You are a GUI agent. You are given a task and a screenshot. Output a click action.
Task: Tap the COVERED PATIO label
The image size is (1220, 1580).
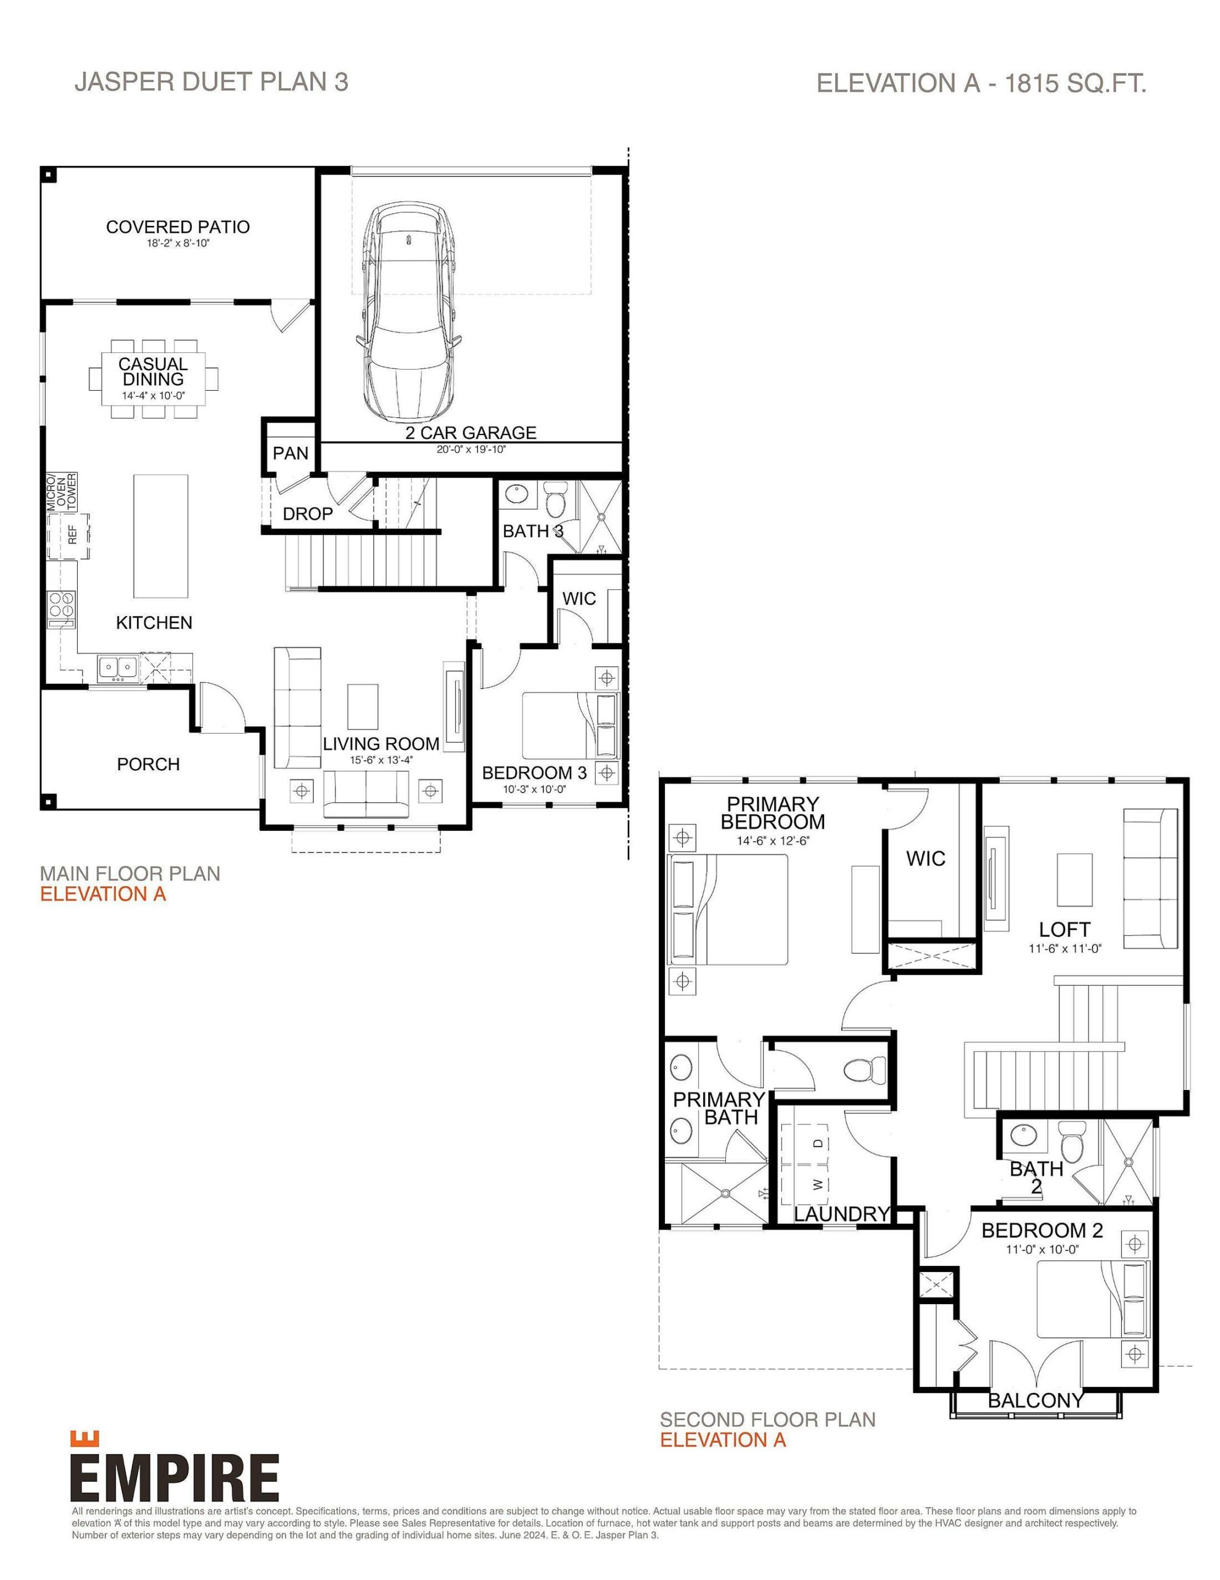pos(178,227)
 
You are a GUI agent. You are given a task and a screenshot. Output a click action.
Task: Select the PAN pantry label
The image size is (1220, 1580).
pos(290,453)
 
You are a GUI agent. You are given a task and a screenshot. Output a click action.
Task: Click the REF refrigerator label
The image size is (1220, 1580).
pos(72,534)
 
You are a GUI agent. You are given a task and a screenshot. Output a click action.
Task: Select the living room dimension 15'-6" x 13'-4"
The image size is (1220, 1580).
pos(381,760)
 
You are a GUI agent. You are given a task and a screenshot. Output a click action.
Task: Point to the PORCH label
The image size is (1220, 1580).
pos(148,764)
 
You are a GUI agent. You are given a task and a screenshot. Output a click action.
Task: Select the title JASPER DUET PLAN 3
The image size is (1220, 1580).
pos(211,81)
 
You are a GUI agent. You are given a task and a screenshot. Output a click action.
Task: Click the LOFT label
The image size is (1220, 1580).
pos(1064,929)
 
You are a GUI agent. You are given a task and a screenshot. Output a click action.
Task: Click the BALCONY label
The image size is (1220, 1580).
pos(1036,1400)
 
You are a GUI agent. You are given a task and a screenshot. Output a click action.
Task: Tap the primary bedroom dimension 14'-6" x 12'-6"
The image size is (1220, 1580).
pos(772,841)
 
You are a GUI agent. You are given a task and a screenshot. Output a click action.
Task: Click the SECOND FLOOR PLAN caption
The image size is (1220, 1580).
pos(767,1420)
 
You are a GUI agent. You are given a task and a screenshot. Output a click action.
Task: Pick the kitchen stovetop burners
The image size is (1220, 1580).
pos(60,602)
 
